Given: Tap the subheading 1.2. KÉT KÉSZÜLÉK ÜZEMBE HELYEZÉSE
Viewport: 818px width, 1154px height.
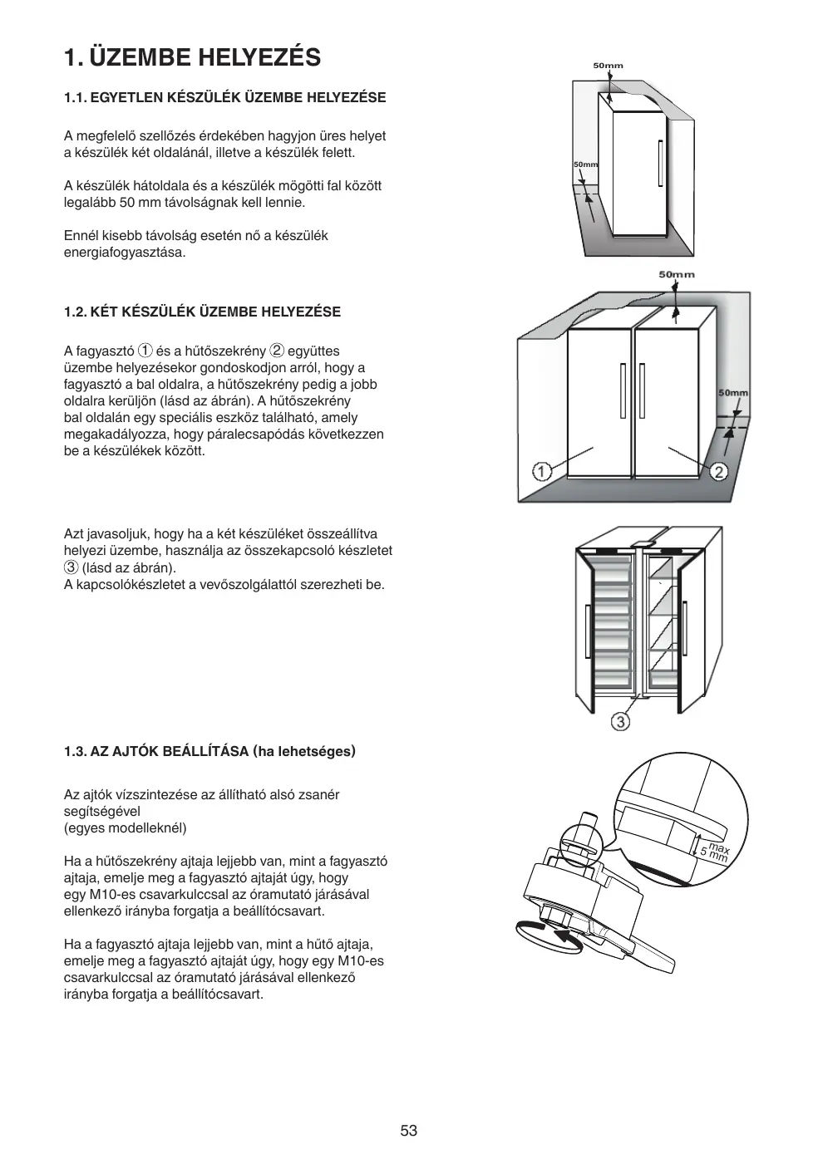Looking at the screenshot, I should pos(202,312).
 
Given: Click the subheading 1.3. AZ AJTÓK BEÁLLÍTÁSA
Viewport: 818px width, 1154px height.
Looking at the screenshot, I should pos(209,752).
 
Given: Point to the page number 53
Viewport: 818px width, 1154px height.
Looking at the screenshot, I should pos(408,1131).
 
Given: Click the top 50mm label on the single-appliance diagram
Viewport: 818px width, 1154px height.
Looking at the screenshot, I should pos(608,65).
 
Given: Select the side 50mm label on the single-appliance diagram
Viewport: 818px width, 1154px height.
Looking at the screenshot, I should pos(585,165).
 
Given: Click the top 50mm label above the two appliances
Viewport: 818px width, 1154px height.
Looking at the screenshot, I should pos(677,274).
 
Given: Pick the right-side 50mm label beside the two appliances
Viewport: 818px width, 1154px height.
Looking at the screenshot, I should pos(732,392).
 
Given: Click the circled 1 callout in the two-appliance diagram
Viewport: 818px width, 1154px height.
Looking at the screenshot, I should pos(541,472).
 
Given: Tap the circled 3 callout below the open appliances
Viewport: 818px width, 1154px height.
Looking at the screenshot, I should pos(620,721).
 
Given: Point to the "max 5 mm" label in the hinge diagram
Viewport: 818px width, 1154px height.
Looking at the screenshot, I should pos(713,851).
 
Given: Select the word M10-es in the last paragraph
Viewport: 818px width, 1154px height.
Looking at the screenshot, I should pos(362,961).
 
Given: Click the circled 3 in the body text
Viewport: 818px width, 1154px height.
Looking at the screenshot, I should pos(71,567).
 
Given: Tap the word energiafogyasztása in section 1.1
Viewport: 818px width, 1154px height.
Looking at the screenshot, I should pos(125,252).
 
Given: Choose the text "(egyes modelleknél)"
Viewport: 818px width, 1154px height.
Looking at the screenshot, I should pos(126,827).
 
